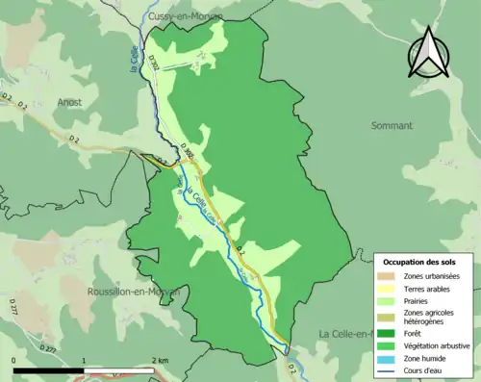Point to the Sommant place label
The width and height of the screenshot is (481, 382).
point(391,125)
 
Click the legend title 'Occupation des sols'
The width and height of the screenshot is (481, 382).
point(420,262)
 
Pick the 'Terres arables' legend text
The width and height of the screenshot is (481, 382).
point(431,290)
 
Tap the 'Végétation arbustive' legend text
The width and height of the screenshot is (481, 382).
point(439,345)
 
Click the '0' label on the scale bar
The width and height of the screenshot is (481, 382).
point(13,360)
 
